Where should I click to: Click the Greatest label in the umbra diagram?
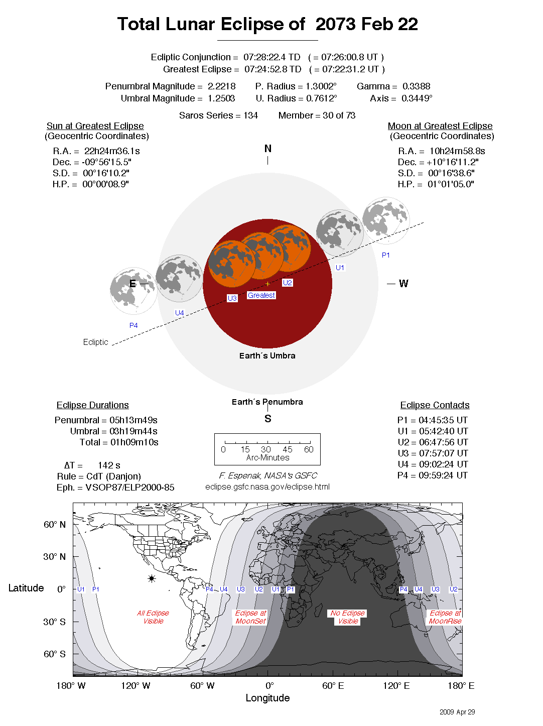tap(261, 295)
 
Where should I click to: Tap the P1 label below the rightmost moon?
tap(385, 255)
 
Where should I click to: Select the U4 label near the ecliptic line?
tap(179, 313)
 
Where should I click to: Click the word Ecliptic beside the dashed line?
tap(95, 342)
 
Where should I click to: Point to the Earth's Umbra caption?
tap(267, 355)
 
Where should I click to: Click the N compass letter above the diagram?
tap(267, 149)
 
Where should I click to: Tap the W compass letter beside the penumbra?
tap(403, 284)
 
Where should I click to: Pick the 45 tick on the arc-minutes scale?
tap(287, 449)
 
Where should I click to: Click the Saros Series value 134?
tap(250, 115)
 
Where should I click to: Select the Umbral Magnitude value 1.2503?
tap(221, 98)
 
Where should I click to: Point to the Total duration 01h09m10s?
tap(134, 442)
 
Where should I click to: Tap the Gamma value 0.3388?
tap(416, 86)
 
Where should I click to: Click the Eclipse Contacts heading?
tap(435, 405)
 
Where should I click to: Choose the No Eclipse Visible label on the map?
tap(348, 617)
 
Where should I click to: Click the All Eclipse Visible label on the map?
tap(153, 617)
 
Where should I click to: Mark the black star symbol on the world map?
tap(152, 578)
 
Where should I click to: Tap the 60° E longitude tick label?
tap(333, 686)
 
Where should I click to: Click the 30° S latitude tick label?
tap(54, 622)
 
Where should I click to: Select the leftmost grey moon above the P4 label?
tap(133, 291)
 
